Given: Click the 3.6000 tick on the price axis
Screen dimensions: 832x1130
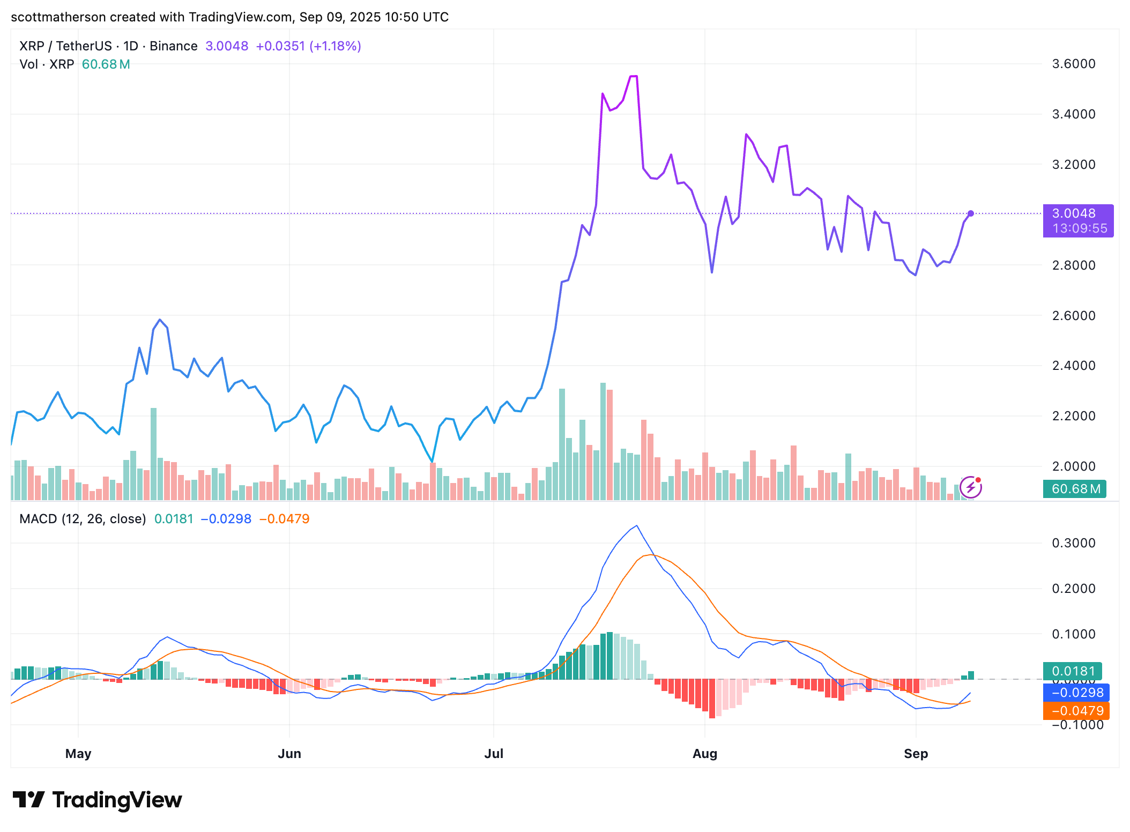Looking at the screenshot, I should pos(1073,64).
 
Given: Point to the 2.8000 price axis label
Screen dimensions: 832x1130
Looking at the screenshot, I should pos(1073,265).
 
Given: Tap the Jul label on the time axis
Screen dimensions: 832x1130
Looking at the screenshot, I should pos(493,754).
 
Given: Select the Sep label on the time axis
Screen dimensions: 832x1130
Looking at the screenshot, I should pos(916,754).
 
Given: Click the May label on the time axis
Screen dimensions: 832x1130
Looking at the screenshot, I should pos(78,754).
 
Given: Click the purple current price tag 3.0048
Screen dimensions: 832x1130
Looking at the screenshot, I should pos(1077,214).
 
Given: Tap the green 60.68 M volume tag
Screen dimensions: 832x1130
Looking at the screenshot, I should pos(1075,489).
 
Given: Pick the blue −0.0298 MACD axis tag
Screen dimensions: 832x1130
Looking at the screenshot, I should pos(1076,693).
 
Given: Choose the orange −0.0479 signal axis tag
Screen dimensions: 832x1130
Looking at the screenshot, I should pos(1076,711).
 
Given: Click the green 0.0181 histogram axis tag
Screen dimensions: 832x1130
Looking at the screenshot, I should pos(1073,671).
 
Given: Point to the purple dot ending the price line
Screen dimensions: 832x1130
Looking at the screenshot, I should pos(971,213).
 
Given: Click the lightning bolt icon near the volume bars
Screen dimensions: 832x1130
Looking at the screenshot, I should pos(970,487).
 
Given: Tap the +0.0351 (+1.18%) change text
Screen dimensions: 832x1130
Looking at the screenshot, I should pos(308,46).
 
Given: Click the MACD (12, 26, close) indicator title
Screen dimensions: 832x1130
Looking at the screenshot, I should pos(83,519).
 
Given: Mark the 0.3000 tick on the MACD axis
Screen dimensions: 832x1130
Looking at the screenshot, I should pos(1073,543).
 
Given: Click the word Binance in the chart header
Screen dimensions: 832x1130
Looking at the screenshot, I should pos(173,46).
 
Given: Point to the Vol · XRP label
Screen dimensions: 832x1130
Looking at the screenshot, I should pos(47,64).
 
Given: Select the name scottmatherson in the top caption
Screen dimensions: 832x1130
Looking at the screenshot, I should pos(58,17).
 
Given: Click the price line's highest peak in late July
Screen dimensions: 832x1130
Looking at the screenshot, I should pos(633,76).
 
